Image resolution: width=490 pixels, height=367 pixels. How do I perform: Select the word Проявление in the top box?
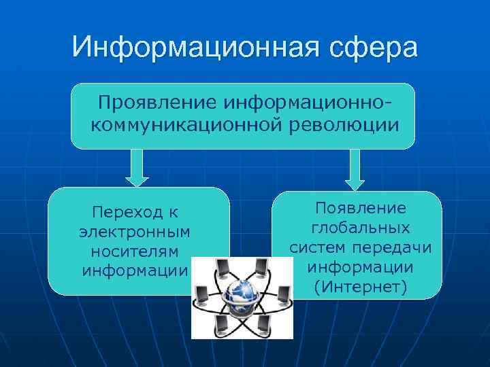[157, 104]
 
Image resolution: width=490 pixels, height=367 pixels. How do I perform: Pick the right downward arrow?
[355, 169]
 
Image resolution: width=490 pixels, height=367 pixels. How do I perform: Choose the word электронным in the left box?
[134, 232]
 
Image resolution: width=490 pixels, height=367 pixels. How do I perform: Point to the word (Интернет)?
[360, 287]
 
